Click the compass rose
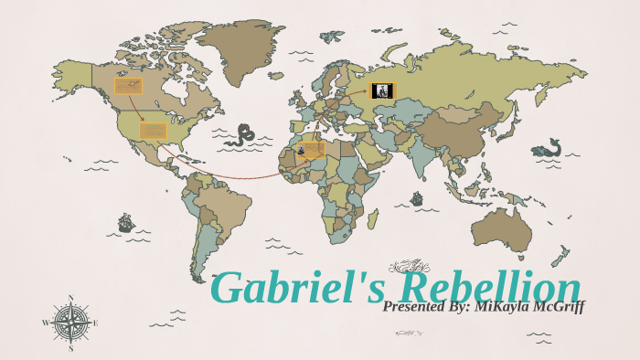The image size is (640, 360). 70,322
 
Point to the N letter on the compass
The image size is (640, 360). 70,298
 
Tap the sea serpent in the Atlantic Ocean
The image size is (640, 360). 240,136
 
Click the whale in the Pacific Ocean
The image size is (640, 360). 548,147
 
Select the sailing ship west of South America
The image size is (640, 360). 126,222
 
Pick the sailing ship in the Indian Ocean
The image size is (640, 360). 417,198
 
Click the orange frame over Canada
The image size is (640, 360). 128,86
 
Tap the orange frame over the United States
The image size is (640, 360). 153,131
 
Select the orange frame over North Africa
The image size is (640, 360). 312,149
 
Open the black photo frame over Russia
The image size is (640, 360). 382,90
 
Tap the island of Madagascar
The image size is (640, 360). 373,219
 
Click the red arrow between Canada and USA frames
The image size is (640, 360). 137,108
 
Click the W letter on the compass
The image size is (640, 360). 46,323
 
